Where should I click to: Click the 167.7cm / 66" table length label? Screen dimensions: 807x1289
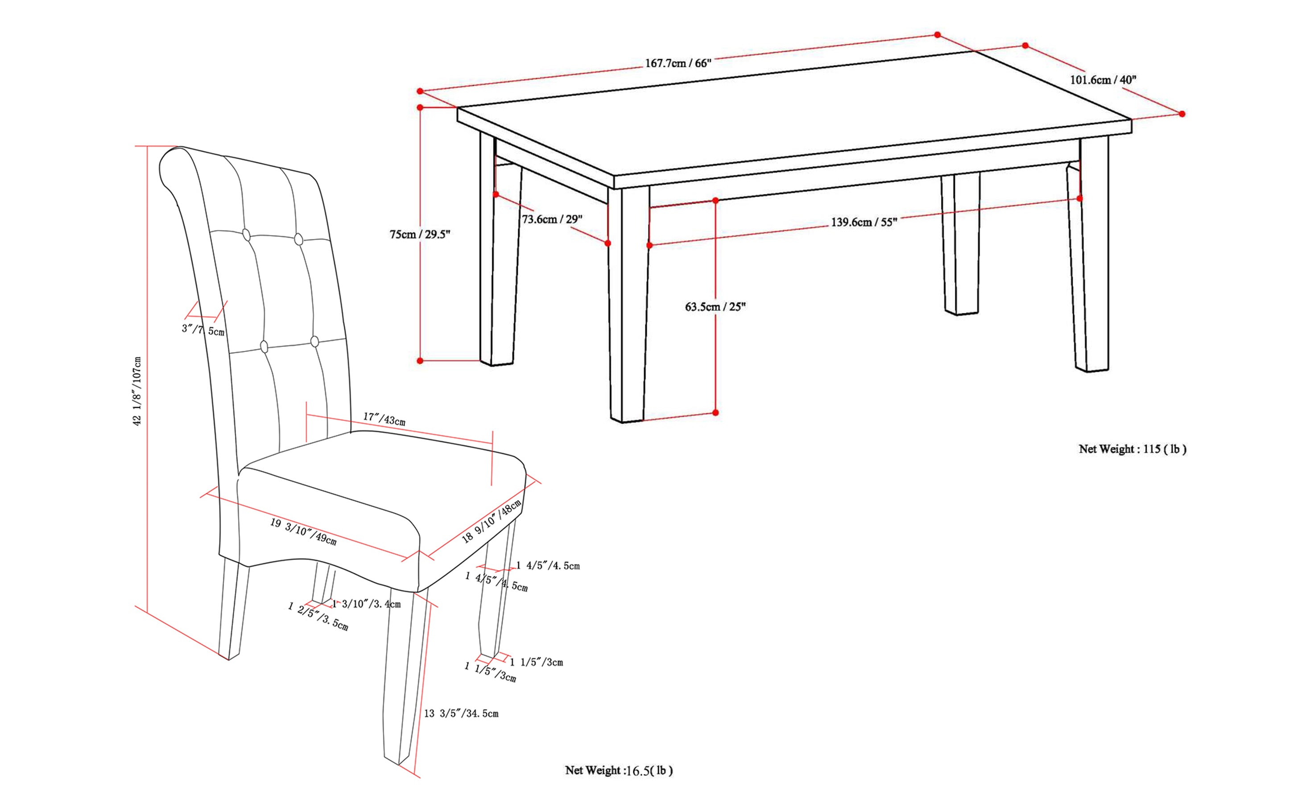(678, 63)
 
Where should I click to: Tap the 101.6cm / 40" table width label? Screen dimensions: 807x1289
(1103, 80)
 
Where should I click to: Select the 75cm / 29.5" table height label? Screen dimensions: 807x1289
(420, 235)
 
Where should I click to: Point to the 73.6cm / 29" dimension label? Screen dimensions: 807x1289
(552, 219)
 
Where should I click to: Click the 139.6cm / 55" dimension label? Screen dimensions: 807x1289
(864, 222)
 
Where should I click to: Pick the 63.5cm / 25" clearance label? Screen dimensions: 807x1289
(715, 307)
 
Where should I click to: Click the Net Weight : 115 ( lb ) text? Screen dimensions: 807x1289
(1132, 449)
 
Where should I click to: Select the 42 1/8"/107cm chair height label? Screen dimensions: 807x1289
(137, 391)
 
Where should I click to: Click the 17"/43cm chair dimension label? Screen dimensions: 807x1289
(384, 419)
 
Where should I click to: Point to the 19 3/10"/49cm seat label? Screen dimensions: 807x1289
(303, 531)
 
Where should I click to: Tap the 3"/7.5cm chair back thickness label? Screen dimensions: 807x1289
(203, 329)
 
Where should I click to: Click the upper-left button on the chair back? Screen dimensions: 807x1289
(246, 235)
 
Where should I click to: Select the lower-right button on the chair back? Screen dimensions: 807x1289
(314, 342)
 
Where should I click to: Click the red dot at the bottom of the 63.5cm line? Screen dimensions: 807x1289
(715, 412)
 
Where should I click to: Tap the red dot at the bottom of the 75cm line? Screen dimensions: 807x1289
(420, 361)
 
